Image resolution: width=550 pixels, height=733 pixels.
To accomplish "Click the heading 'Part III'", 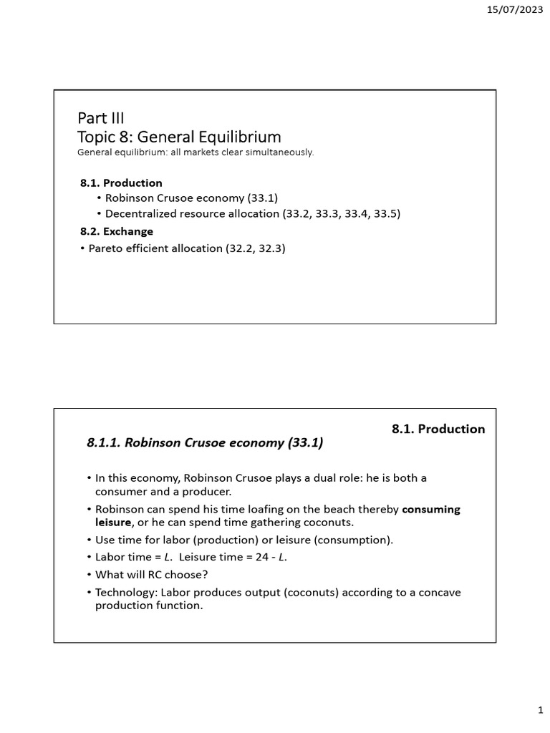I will (100, 117).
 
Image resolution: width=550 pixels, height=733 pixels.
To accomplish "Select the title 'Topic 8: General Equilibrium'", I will (179, 136).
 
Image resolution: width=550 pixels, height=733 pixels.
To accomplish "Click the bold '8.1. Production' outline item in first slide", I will (121, 183).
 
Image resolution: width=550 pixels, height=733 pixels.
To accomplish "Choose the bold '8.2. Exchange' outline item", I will (116, 231).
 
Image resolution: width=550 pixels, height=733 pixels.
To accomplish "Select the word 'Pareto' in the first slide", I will (106, 248).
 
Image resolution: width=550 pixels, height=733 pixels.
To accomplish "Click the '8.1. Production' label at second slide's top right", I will (438, 429).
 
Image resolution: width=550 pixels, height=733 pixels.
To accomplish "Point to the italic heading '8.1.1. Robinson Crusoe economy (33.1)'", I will (205, 443).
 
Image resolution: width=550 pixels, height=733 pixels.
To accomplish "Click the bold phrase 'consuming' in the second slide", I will (431, 510).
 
